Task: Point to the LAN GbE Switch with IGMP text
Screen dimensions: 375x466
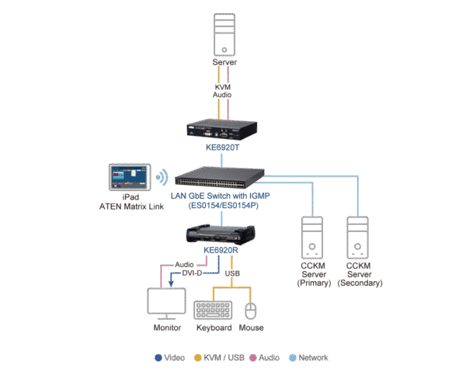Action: pos(222,196)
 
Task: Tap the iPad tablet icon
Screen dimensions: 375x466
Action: pos(129,177)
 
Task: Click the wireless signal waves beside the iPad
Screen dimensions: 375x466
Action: pos(162,177)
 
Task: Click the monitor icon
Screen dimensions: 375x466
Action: pos(166,304)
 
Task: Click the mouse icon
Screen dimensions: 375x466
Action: pos(250,311)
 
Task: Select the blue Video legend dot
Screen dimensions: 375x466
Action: pos(159,358)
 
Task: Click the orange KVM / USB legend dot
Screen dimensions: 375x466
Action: pos(198,358)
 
